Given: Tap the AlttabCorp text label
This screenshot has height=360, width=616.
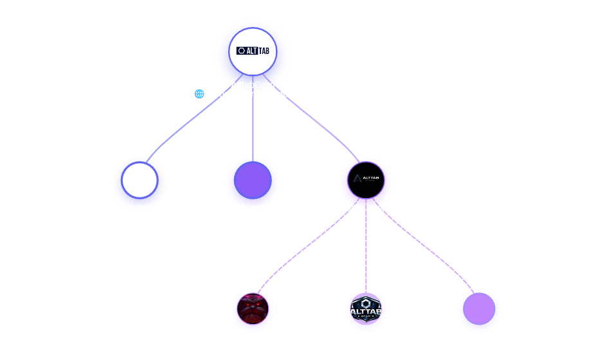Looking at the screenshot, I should coord(253,85).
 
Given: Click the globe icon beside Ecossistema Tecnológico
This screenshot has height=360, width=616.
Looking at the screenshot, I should coord(199,94).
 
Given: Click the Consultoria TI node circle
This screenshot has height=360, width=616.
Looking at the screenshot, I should coord(140,181).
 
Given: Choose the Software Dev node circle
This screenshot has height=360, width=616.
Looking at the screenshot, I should coord(253,181).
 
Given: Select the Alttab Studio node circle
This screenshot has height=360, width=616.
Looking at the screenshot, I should coord(366,181).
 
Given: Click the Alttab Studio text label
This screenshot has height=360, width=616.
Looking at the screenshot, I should coord(366,208).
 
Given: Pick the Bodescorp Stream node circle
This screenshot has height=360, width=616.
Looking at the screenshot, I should coord(253,309).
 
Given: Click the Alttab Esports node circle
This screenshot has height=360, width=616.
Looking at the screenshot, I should coord(366,309).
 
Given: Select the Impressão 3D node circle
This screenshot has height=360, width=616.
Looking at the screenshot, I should coord(479,310).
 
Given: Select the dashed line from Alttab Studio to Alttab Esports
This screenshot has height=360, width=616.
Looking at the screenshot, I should coord(366,251).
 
